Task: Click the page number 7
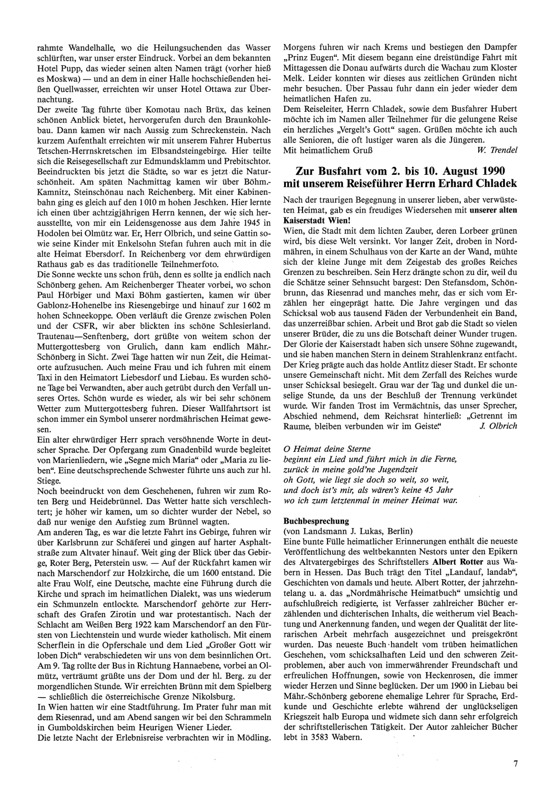516,764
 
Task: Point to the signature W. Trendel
497,150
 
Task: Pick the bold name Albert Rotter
458,561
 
